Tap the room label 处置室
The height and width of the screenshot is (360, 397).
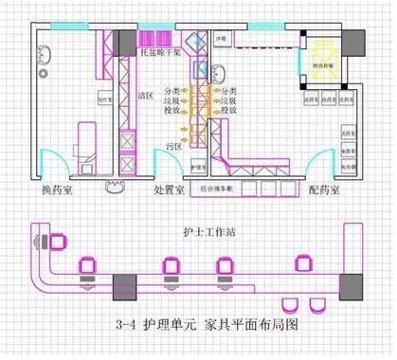pos(173,189)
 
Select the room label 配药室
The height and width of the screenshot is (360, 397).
pos(327,189)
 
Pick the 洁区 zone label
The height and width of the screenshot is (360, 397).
pos(146,96)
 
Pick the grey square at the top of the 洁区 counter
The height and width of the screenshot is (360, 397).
pos(125,39)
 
